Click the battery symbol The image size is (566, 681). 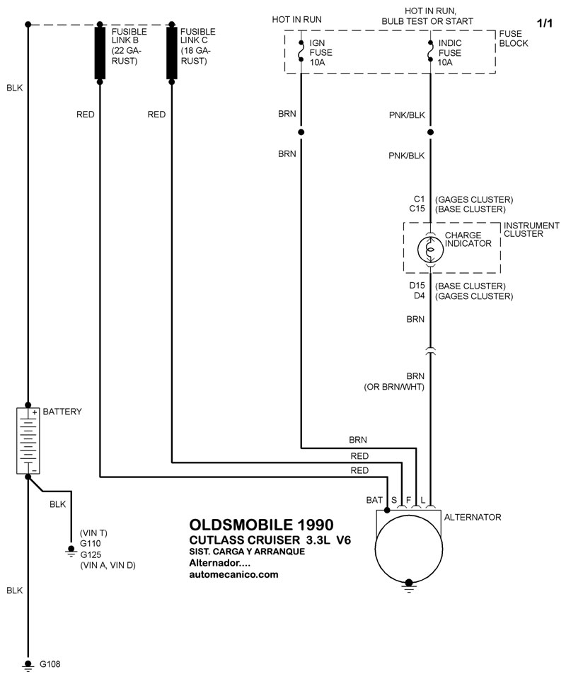[28, 440]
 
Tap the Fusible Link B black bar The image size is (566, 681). [100, 54]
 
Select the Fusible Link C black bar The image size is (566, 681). [171, 54]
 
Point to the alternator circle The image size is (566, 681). [408, 547]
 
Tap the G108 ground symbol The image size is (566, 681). [28, 664]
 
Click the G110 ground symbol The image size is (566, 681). [71, 549]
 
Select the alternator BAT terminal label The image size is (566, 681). [374, 500]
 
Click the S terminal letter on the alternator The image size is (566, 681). [394, 500]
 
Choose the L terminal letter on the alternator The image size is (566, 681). [423, 500]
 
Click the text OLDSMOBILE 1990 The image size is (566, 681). [260, 525]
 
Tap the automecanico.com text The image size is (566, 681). [234, 575]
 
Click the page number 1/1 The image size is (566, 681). [544, 23]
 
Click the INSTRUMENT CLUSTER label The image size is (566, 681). [531, 230]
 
